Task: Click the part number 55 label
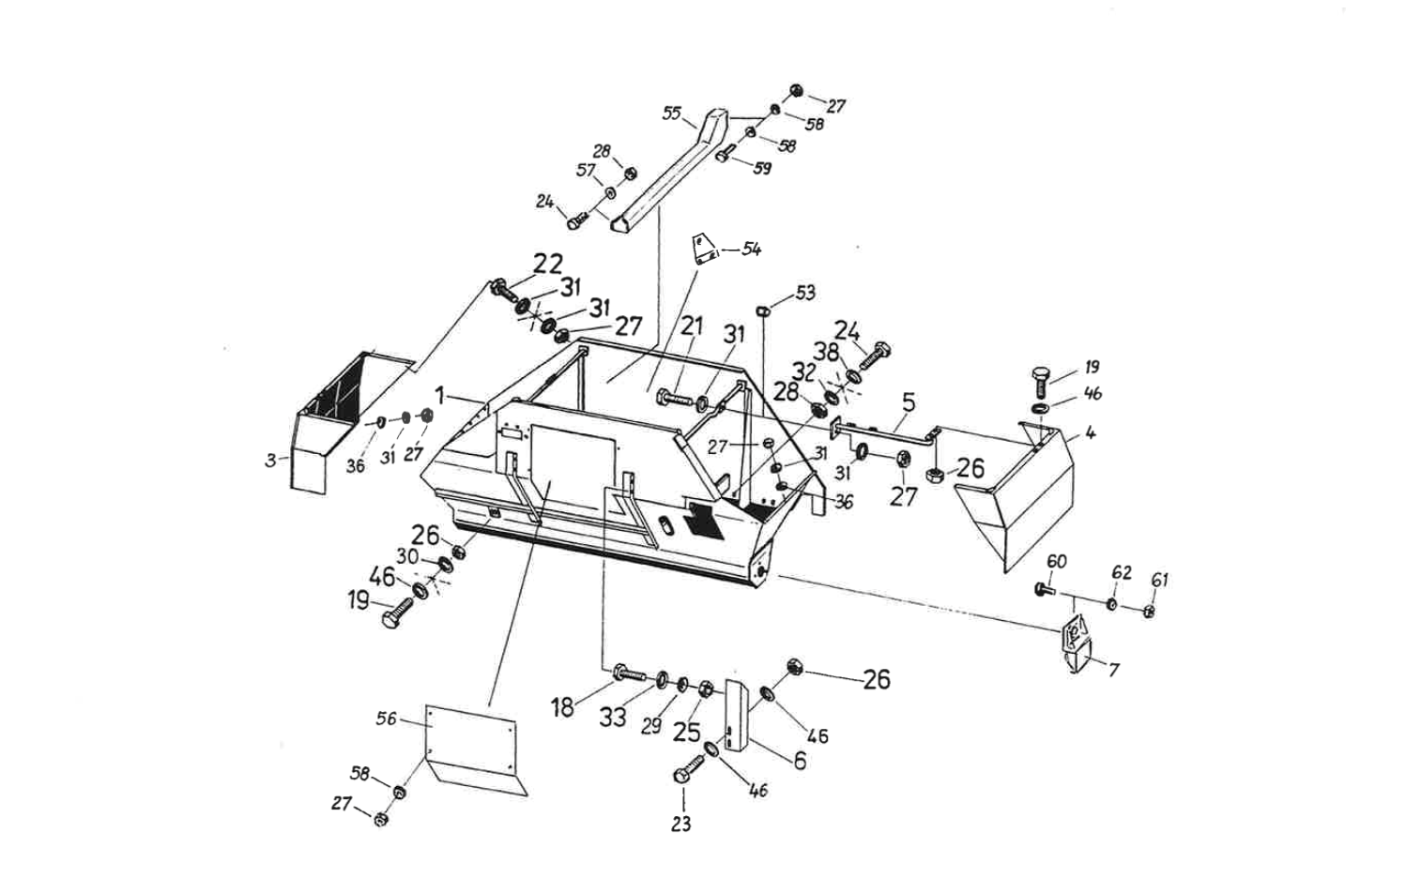[671, 114]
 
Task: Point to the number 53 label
[805, 294]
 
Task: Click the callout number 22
[549, 265]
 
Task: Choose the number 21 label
[692, 326]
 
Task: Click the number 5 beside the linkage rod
[908, 402]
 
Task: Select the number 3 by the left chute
[270, 460]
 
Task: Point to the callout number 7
[1113, 671]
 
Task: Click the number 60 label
[1057, 561]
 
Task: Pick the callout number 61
[1159, 581]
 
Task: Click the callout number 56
[386, 719]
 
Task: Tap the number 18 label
[562, 707]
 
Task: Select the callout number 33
[613, 718]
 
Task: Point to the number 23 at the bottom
[681, 824]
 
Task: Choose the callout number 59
[763, 169]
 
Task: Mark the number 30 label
[406, 556]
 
